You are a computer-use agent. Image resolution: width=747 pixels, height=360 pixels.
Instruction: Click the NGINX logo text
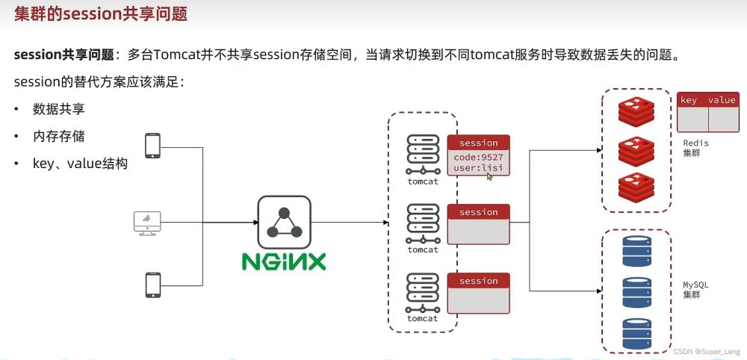283,261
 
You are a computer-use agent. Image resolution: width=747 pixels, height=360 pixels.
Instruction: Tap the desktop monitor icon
147,223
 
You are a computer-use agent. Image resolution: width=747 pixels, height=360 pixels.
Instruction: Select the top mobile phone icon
152,146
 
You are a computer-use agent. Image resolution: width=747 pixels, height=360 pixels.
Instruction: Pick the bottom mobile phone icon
153,285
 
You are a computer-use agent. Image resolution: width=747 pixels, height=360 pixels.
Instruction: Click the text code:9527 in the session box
478,157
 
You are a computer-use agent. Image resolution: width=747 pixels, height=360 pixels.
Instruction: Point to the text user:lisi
478,168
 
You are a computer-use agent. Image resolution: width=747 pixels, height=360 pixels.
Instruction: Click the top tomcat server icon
423,155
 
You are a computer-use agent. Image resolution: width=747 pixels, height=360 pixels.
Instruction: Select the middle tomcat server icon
423,224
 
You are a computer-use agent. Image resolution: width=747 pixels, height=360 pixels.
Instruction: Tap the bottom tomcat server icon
423,293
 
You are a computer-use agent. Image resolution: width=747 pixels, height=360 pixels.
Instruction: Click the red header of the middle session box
478,212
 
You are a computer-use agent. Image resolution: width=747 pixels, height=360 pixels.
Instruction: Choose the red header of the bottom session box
478,281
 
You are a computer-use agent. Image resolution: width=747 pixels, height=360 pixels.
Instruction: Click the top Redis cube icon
636,111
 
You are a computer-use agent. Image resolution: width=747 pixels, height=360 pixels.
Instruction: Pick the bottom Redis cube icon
636,187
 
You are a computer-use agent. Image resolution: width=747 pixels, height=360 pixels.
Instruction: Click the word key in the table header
689,100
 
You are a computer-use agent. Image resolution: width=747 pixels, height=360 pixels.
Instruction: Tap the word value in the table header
722,100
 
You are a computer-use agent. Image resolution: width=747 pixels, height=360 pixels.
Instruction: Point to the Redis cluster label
695,148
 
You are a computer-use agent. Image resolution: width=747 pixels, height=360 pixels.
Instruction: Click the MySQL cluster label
695,290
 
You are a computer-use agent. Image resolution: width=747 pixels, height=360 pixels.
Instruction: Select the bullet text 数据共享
58,109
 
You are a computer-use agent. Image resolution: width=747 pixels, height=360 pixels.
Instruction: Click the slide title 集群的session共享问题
101,13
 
